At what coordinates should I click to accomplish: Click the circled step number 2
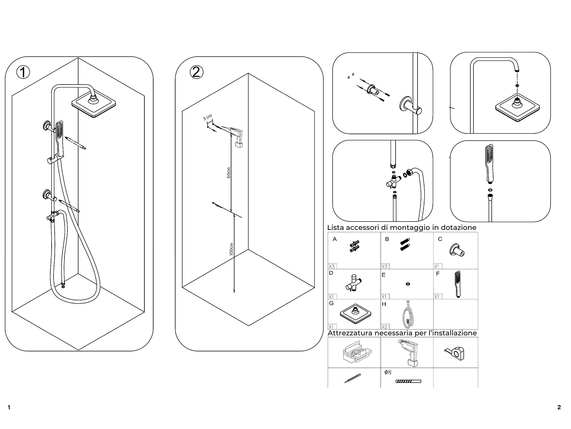196,72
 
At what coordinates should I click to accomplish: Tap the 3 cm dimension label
207,117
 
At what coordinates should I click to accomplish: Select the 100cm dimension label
231,249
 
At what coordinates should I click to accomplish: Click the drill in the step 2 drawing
236,136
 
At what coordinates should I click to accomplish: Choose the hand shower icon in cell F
458,284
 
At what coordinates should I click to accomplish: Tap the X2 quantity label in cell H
384,327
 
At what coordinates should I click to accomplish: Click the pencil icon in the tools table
353,378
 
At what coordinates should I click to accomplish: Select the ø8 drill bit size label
388,372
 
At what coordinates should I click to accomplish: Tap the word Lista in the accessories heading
336,228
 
